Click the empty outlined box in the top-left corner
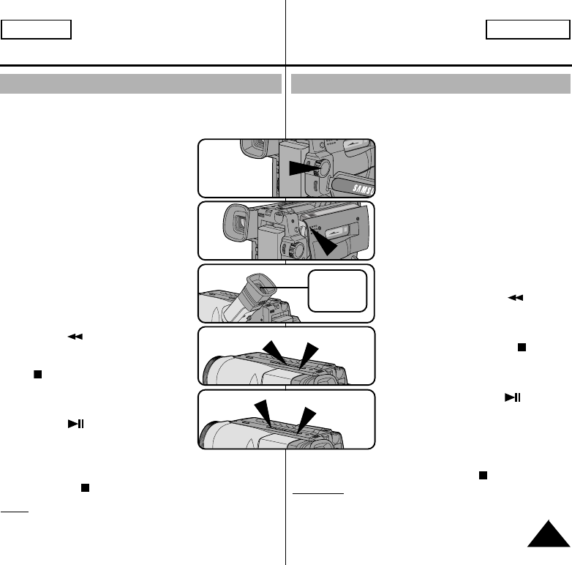pos(36,29)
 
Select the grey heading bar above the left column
pos(141,83)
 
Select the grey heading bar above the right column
pos(430,83)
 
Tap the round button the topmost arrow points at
pos(321,168)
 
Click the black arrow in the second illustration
pos(325,245)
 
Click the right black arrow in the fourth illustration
pos(308,352)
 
